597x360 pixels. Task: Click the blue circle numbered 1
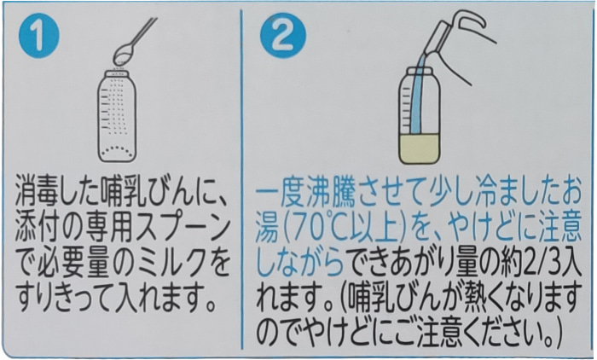39,37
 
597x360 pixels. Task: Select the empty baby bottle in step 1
117,116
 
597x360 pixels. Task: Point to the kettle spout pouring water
437,41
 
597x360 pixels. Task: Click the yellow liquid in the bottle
420,149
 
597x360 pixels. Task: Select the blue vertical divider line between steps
241,179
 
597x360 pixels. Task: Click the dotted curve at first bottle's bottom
117,150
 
